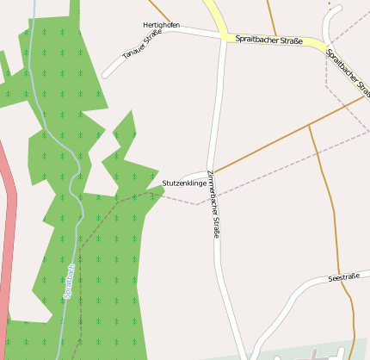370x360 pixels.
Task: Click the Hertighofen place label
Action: (161, 25)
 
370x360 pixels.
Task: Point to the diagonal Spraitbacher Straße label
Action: (349, 74)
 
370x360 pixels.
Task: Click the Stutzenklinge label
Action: (184, 183)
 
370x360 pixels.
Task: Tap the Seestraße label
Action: (343, 277)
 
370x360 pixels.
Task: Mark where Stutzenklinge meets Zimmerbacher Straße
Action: (209, 174)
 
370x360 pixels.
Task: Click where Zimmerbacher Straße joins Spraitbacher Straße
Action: (224, 37)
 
